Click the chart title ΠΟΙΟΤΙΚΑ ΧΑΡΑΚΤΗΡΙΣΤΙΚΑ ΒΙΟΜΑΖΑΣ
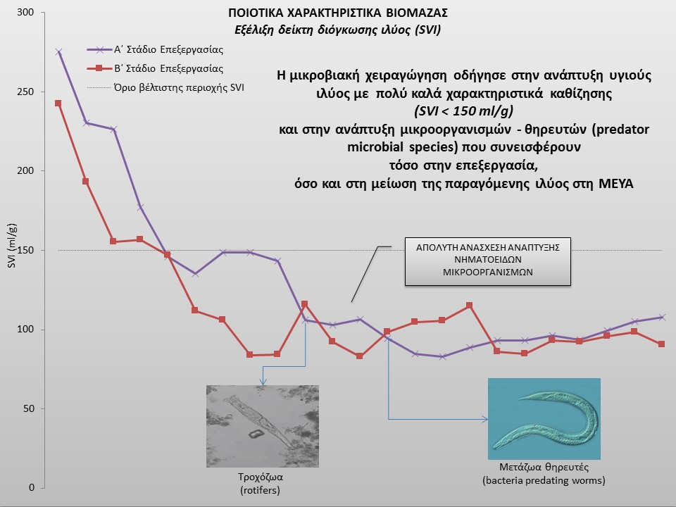coord(338,13)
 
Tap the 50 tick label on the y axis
coord(28,408)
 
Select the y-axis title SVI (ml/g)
coord(12,246)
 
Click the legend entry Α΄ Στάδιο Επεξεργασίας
coord(168,49)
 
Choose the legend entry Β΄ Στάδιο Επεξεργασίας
coord(168,68)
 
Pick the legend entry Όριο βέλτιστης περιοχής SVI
coord(179,87)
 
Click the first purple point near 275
coord(58,51)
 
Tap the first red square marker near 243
coord(58,104)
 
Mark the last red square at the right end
coord(661,344)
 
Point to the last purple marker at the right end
coord(662,318)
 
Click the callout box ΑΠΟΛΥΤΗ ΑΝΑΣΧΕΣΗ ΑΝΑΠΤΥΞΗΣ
coord(487,261)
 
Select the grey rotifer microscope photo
coord(263,427)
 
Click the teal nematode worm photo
coord(544,418)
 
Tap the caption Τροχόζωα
coord(261,477)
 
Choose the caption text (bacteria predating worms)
coord(544,480)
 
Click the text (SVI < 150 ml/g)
coord(464,111)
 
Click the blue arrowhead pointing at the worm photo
coord(485,419)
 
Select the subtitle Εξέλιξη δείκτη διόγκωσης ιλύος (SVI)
coord(337,30)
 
